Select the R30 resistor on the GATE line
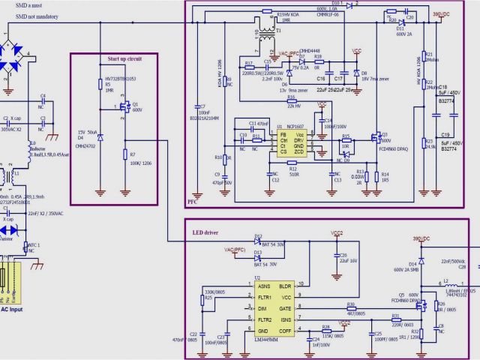[x=349, y=307]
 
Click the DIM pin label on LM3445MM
[x=262, y=308]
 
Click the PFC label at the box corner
[x=193, y=201]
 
